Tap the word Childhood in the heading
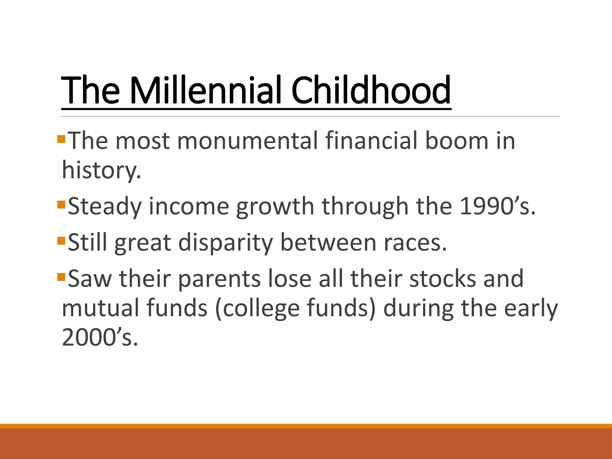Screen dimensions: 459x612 point(371,90)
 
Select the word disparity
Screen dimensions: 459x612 point(226,243)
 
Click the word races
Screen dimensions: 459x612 point(415,243)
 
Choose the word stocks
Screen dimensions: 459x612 point(442,279)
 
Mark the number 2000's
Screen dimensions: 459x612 point(100,337)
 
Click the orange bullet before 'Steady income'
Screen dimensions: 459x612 point(61,205)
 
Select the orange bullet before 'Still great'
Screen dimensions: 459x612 point(61,241)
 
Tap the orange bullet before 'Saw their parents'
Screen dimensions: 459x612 point(61,277)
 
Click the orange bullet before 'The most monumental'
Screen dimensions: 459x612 point(61,139)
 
